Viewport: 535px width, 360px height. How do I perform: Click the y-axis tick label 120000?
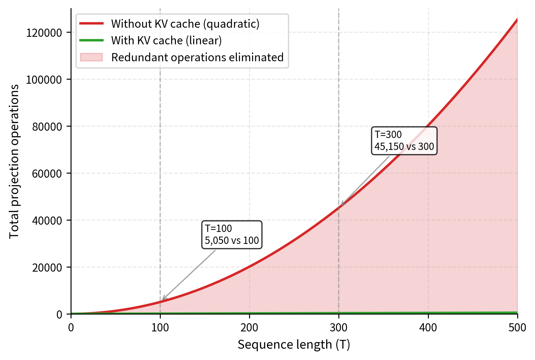(x=44, y=33)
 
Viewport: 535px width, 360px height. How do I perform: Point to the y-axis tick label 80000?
(x=47, y=127)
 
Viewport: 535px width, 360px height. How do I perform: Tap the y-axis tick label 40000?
(x=47, y=221)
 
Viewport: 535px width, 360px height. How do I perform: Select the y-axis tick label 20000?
(x=47, y=268)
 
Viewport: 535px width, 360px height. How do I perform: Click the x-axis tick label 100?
(x=160, y=328)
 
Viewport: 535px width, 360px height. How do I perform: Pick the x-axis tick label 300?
(x=338, y=328)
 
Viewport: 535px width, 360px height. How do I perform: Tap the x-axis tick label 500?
(x=517, y=328)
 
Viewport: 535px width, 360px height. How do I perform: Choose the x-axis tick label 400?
(x=428, y=328)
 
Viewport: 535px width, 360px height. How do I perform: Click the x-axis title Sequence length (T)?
(x=294, y=345)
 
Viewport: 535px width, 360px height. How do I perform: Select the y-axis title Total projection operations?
(x=14, y=161)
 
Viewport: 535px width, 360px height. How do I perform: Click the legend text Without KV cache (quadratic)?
(x=185, y=24)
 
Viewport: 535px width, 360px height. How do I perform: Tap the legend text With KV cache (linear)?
(x=166, y=41)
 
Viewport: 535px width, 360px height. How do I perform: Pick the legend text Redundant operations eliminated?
(x=197, y=57)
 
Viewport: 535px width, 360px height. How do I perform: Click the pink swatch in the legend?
(x=91, y=57)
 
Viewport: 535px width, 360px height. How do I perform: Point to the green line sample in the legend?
(x=91, y=40)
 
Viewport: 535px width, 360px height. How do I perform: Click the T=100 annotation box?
(x=232, y=235)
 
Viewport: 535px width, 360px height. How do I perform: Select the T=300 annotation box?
(x=404, y=141)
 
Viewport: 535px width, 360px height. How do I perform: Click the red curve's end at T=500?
(x=517, y=19)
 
